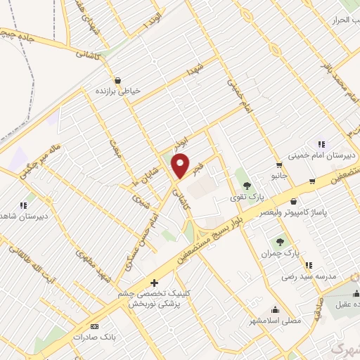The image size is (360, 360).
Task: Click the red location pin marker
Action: pyautogui.click(x=181, y=165)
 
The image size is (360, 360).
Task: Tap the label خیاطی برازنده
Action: pyautogui.click(x=117, y=91)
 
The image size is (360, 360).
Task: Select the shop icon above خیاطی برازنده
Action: pyautogui.click(x=117, y=80)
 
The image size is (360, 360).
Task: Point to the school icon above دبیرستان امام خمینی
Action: pyautogui.click(x=321, y=143)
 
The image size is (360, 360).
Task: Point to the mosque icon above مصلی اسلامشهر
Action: pyautogui.click(x=275, y=309)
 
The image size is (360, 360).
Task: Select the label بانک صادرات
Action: pyautogui.click(x=94, y=337)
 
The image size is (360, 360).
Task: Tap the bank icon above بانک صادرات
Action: pyautogui.click(x=95, y=327)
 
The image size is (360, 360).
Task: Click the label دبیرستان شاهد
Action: pyautogui.click(x=25, y=216)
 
